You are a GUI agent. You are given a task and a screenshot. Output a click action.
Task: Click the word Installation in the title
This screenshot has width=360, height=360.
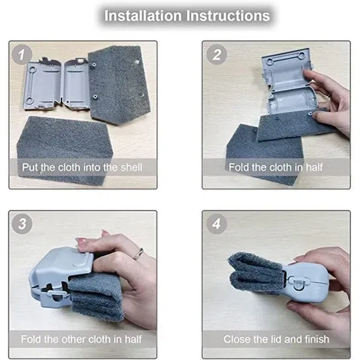click(x=143, y=16)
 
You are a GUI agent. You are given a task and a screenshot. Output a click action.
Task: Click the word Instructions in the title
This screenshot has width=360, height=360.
click(x=228, y=16)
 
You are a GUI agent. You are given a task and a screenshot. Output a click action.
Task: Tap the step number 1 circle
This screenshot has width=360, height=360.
click(x=22, y=55)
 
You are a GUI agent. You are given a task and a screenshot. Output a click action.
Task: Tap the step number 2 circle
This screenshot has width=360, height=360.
click(x=217, y=55)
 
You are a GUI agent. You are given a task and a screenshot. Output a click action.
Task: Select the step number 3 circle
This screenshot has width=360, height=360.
click(x=22, y=224)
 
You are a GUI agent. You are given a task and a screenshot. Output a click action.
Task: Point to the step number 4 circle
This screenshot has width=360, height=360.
click(x=217, y=224)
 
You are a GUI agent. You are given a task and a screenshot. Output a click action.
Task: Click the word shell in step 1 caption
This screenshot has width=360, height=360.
click(x=131, y=167)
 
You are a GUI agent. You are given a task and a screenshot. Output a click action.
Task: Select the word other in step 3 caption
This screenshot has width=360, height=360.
click(x=73, y=339)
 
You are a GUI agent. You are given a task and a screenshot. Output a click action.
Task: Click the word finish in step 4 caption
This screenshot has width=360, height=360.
click(x=317, y=339)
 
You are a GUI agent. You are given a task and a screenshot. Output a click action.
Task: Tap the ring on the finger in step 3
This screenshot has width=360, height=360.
click(x=138, y=254)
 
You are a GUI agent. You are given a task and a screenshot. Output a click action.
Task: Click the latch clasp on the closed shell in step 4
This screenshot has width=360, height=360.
click(x=298, y=283)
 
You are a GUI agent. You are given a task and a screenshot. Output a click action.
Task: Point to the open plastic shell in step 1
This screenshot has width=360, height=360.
click(x=56, y=83)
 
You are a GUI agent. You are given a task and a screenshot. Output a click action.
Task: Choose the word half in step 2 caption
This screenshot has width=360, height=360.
click(x=314, y=167)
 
